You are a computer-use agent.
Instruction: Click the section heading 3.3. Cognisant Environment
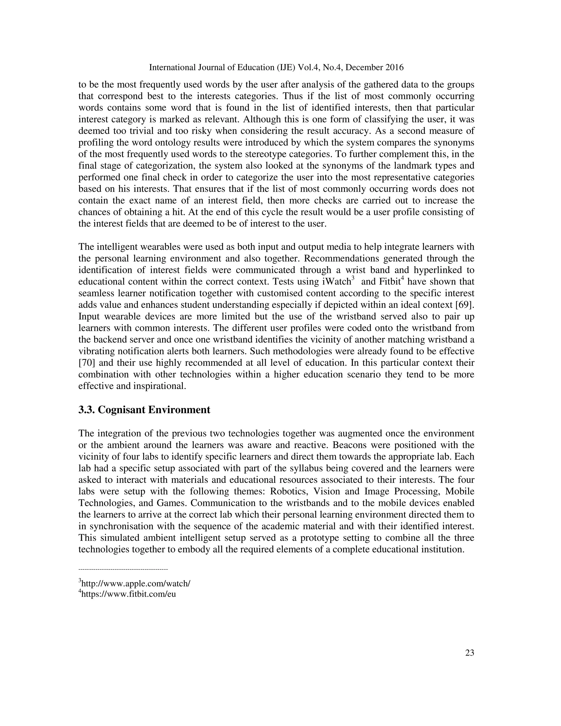144,410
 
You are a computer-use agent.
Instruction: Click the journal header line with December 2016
276,67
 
